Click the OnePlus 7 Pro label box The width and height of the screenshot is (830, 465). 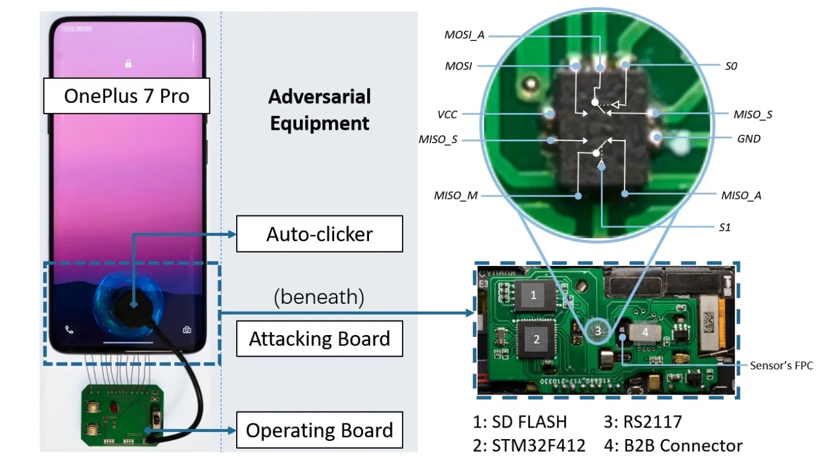tap(126, 96)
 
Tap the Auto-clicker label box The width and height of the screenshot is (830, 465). tap(319, 234)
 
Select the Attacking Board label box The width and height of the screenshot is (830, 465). tap(319, 339)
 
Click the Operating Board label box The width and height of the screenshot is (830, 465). tap(319, 431)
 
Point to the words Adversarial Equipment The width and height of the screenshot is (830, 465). tap(319, 110)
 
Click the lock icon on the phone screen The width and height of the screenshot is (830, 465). tap(128, 63)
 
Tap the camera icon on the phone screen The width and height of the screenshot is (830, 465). tap(188, 330)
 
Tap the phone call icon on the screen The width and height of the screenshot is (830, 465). tap(69, 330)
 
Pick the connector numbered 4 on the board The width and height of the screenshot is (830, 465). tap(645, 331)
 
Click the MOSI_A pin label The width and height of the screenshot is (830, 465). tap(464, 35)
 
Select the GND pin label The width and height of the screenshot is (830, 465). tap(748, 138)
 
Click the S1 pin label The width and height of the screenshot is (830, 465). tap(725, 227)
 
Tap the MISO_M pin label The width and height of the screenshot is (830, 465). tap(455, 196)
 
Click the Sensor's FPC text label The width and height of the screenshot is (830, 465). tap(781, 365)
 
